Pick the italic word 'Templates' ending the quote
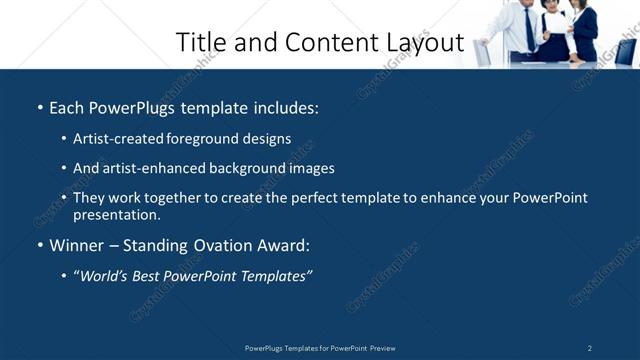coord(274,276)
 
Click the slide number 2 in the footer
coord(590,348)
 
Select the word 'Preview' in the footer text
coord(382,348)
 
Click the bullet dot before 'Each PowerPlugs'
coord(40,108)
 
